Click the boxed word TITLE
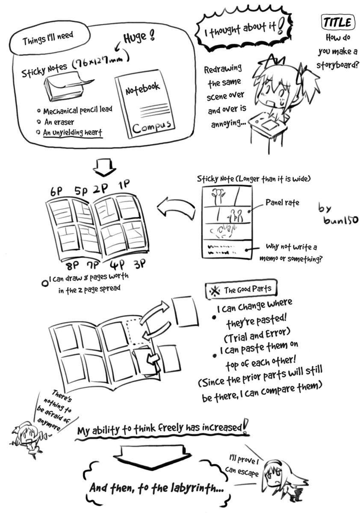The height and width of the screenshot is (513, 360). [x=337, y=22]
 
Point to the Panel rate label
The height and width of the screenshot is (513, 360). [x=282, y=202]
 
